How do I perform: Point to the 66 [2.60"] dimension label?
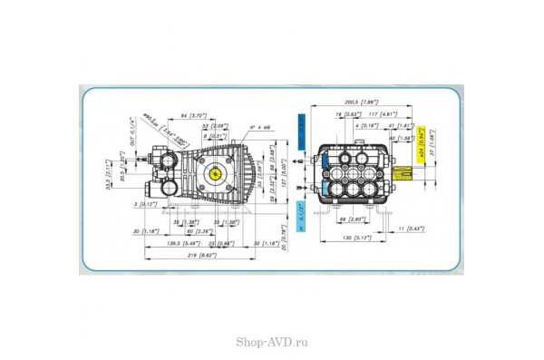tap(358, 219)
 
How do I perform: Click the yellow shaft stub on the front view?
tap(403, 170)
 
